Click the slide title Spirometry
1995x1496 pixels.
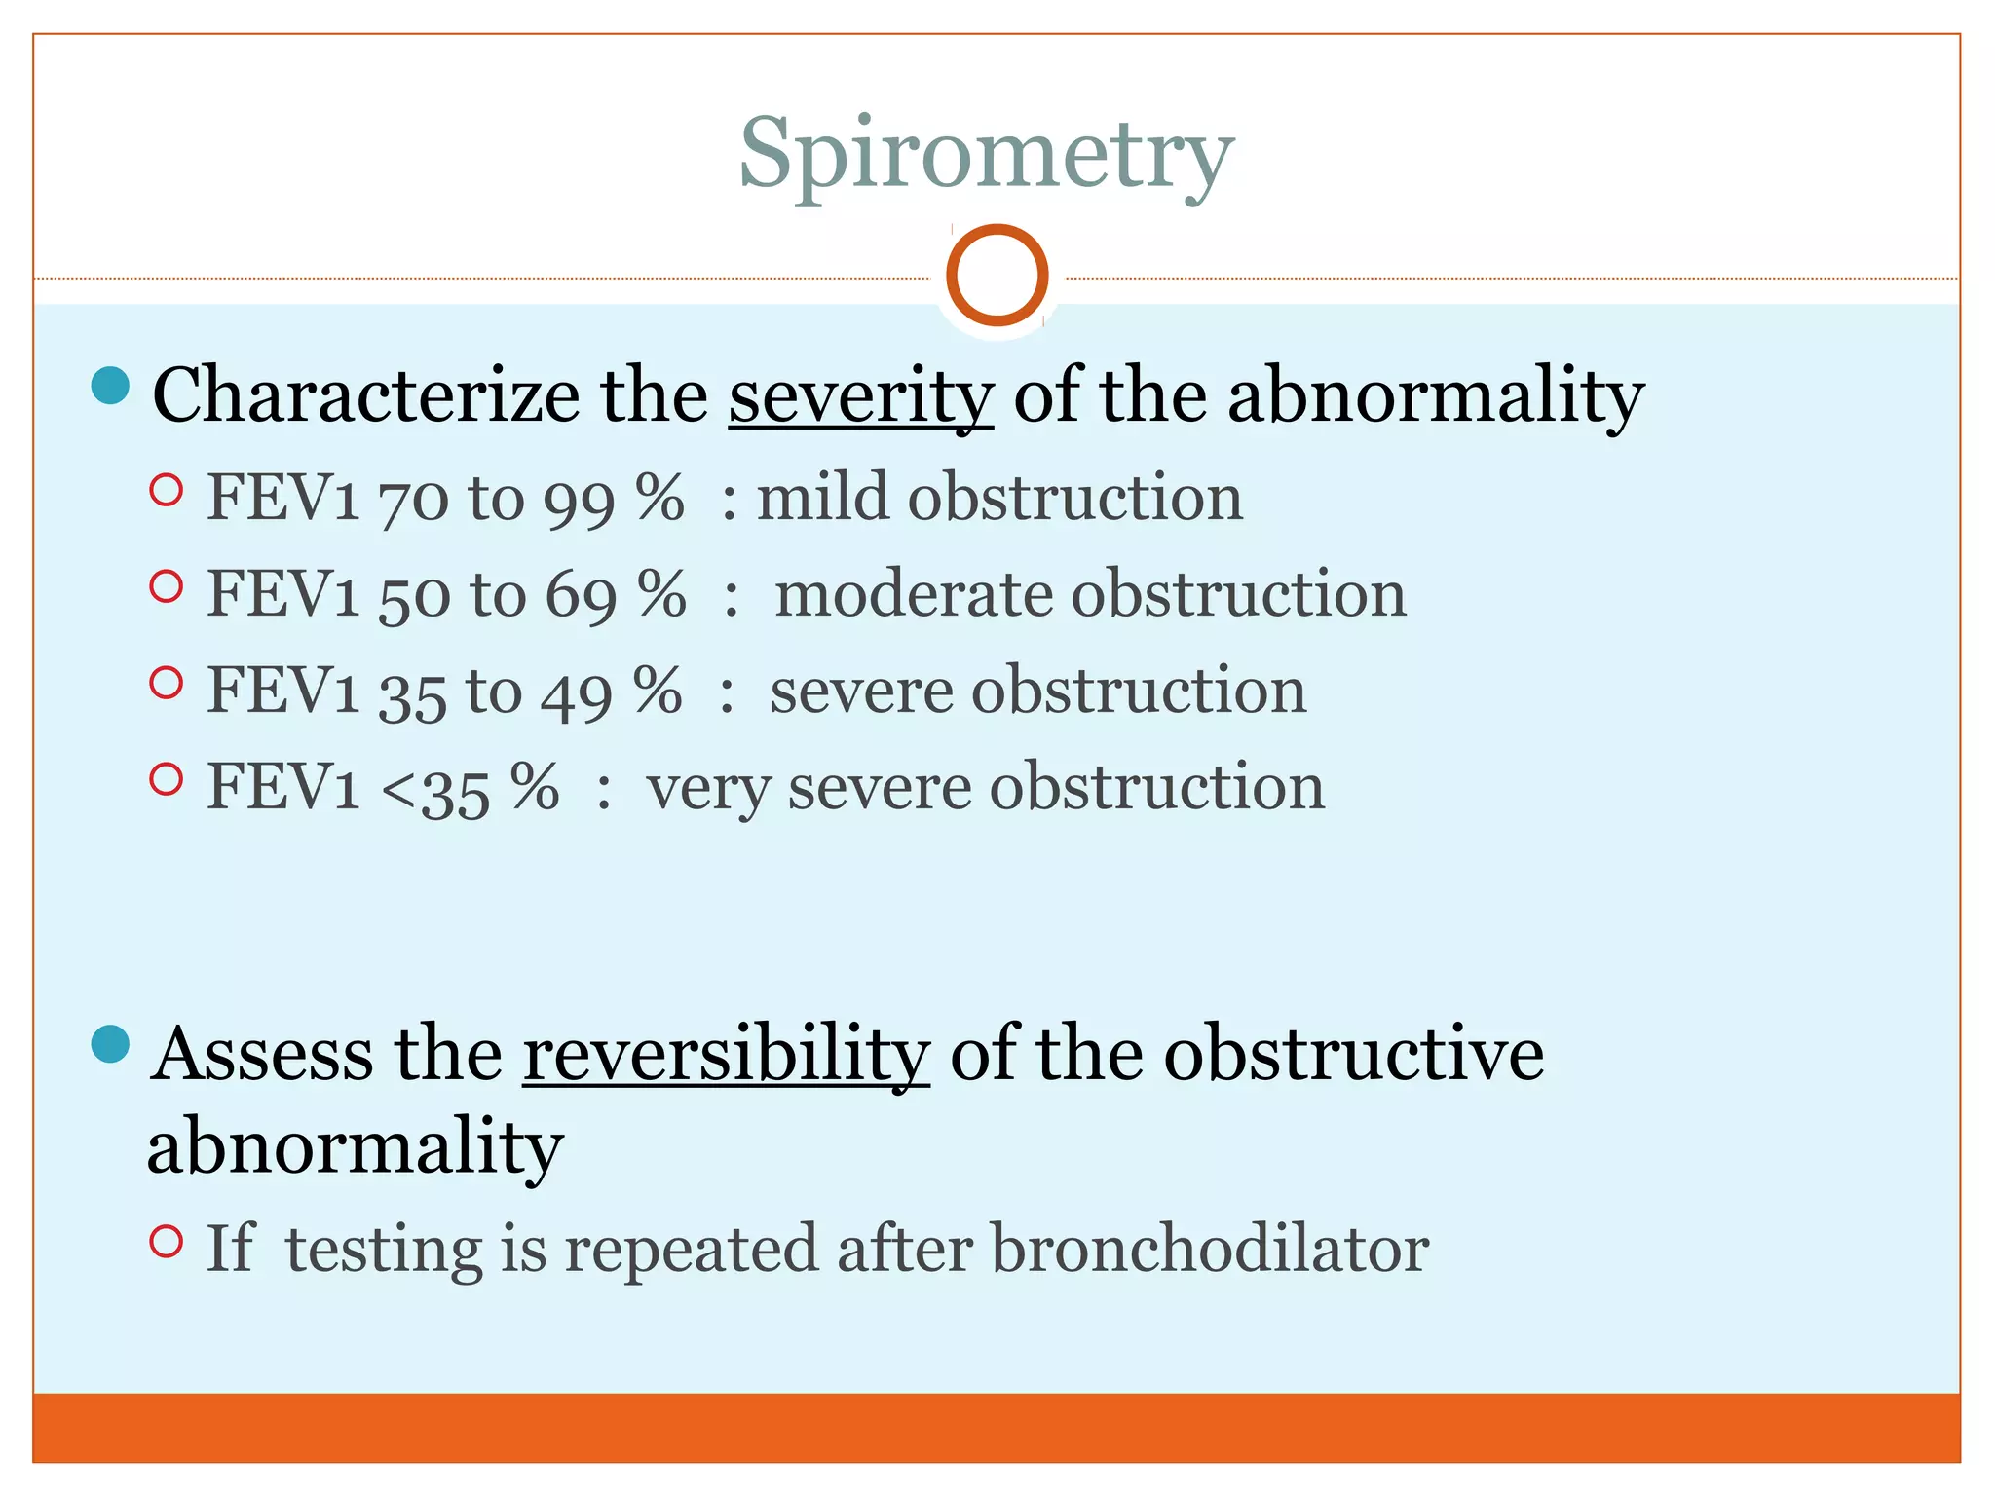pos(986,156)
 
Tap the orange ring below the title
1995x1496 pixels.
pos(997,276)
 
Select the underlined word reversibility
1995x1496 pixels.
pos(726,1054)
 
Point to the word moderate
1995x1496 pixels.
pos(912,593)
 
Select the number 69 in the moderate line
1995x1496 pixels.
pos(581,596)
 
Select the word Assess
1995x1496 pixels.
pos(261,1054)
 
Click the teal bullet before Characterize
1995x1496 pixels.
pos(110,386)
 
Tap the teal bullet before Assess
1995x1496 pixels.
pos(110,1044)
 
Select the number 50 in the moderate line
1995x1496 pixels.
pos(414,596)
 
